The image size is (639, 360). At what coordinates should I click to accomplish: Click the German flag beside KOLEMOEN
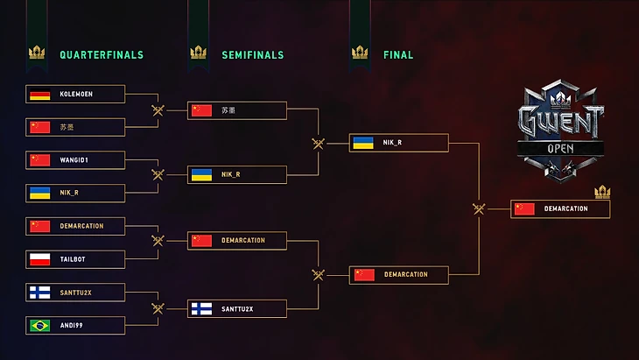pyautogui.click(x=39, y=95)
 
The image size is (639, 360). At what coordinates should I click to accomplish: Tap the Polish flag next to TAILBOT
pyautogui.click(x=39, y=259)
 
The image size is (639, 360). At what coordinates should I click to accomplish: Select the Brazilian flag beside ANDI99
pyautogui.click(x=39, y=326)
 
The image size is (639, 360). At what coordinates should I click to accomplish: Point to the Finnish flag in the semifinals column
pyautogui.click(x=201, y=308)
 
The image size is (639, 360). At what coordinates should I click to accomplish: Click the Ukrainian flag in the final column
pyautogui.click(x=363, y=143)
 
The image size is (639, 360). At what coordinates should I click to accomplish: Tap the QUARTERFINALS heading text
pyautogui.click(x=101, y=55)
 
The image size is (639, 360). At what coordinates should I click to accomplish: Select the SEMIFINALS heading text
pyautogui.click(x=252, y=55)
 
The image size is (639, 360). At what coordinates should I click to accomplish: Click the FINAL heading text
pyautogui.click(x=398, y=55)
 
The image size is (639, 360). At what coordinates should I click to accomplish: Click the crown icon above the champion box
pyautogui.click(x=601, y=192)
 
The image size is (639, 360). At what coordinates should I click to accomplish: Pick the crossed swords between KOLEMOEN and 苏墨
pyautogui.click(x=158, y=110)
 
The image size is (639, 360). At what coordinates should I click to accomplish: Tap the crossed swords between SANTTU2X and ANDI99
pyautogui.click(x=158, y=308)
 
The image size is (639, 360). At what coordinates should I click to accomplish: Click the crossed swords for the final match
pyautogui.click(x=479, y=208)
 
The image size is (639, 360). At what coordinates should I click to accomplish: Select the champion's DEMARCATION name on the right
pyautogui.click(x=565, y=208)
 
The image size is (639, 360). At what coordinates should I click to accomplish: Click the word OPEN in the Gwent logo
pyautogui.click(x=560, y=149)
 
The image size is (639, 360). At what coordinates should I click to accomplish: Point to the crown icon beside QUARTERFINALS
pyautogui.click(x=37, y=53)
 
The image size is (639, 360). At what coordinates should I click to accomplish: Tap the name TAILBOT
pyautogui.click(x=74, y=259)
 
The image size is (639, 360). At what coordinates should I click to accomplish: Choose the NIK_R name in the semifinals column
pyautogui.click(x=231, y=174)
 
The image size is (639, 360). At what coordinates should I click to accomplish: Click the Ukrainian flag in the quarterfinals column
pyautogui.click(x=39, y=193)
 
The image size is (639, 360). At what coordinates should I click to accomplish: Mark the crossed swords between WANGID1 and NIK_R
pyautogui.click(x=158, y=174)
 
